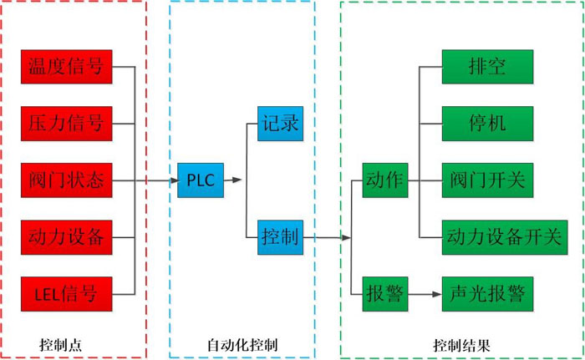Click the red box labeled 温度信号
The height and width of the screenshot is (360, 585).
(66, 67)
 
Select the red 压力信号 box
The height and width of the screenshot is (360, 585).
(66, 124)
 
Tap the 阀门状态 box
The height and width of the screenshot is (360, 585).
(66, 180)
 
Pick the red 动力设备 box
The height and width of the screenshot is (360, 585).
(66, 237)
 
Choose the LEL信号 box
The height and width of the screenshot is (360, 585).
(66, 293)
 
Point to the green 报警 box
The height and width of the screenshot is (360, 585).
(384, 293)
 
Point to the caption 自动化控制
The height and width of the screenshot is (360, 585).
(242, 344)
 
